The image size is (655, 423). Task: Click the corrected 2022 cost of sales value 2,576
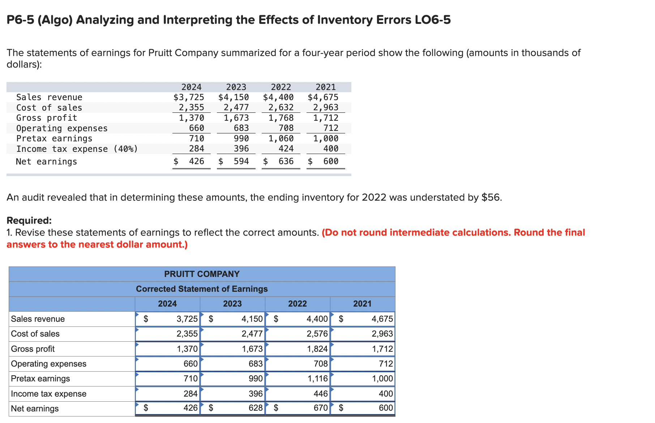pyautogui.click(x=317, y=334)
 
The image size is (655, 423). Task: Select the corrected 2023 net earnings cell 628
pyautogui.click(x=256, y=408)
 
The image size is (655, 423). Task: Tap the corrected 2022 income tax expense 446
pyautogui.click(x=321, y=394)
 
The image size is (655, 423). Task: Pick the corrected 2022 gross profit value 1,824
pyautogui.click(x=317, y=349)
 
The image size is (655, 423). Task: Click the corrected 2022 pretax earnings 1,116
pyautogui.click(x=317, y=379)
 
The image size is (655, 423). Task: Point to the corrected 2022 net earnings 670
pyautogui.click(x=321, y=408)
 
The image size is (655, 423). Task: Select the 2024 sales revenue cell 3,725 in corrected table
pyautogui.click(x=187, y=319)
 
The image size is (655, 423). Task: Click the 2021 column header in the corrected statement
pyautogui.click(x=362, y=304)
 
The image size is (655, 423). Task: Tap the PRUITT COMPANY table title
pyautogui.click(x=202, y=274)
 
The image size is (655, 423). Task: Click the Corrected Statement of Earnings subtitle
pyautogui.click(x=202, y=289)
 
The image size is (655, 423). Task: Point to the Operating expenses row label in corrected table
pyautogui.click(x=49, y=364)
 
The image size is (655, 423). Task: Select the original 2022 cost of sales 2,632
pyautogui.click(x=281, y=107)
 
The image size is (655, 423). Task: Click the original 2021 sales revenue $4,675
pyautogui.click(x=323, y=97)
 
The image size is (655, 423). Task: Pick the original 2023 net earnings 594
pyautogui.click(x=241, y=161)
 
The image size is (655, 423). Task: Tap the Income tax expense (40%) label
pyautogui.click(x=77, y=149)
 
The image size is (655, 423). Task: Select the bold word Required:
pyautogui.click(x=29, y=221)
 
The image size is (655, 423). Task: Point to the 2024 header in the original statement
pyautogui.click(x=192, y=87)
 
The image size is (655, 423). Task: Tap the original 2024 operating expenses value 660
pyautogui.click(x=197, y=128)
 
